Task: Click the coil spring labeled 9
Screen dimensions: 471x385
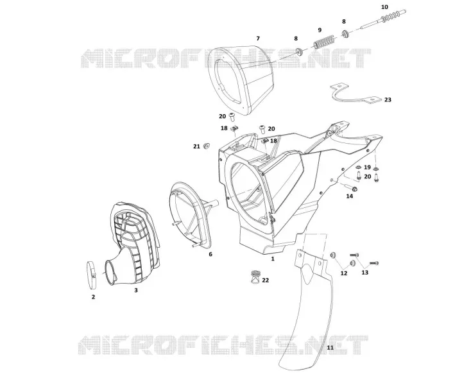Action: (325, 42)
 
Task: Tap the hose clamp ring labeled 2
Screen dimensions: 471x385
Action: (91, 274)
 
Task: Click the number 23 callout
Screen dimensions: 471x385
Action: (388, 99)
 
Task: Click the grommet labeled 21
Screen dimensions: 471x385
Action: (207, 146)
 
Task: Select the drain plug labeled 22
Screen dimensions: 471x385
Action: (255, 278)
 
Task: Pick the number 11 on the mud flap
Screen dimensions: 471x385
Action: (330, 347)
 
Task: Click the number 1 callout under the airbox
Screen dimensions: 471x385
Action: (273, 258)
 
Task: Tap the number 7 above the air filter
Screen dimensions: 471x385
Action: (258, 38)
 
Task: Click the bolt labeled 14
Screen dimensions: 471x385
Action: (350, 188)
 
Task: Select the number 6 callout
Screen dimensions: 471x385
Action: (210, 254)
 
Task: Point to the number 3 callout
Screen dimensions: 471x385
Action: (136, 290)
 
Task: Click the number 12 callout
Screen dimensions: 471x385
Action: (344, 273)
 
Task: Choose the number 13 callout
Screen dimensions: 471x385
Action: (364, 272)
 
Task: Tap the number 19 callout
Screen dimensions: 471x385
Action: (367, 167)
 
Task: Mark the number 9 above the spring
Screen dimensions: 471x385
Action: (320, 30)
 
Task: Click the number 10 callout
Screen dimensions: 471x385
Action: (384, 7)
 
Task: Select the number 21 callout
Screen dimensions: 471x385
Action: (196, 146)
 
